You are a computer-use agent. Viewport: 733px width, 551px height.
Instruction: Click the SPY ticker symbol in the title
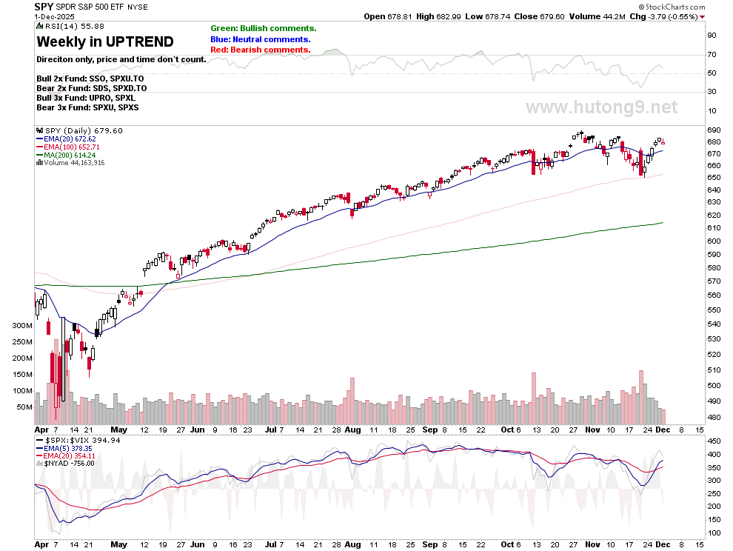pos(43,6)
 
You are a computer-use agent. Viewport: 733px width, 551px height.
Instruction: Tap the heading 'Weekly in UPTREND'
pos(105,41)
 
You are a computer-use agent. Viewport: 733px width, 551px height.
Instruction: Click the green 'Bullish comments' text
pos(263,28)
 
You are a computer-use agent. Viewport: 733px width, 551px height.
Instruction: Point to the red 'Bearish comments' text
pos(260,50)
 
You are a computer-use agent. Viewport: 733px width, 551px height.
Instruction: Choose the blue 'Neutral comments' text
pos(260,39)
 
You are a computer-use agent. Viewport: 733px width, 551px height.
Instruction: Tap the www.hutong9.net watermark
pos(601,107)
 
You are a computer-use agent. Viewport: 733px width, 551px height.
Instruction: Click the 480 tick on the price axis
pos(712,417)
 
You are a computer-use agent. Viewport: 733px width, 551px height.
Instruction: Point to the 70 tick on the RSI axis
pos(711,54)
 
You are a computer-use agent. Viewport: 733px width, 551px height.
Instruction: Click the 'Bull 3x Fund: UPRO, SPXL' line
pos(86,98)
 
